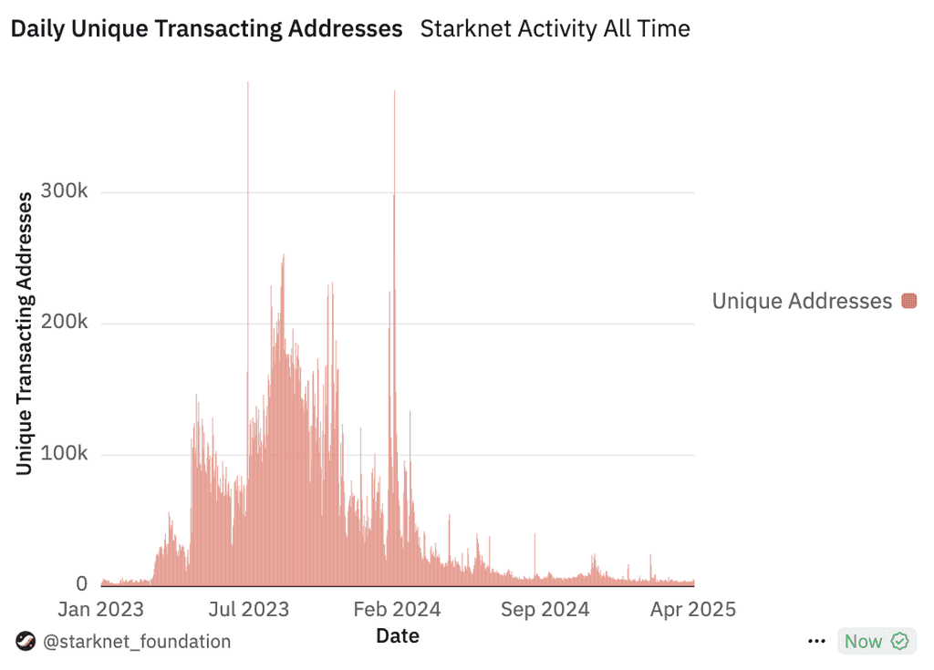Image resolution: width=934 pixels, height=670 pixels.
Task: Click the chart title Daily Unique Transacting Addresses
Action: point(207,28)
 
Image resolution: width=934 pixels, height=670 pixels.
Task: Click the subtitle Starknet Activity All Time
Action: point(555,28)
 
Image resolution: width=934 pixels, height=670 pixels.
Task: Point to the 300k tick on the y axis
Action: point(65,191)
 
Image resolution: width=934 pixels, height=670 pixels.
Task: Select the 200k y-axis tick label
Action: point(65,322)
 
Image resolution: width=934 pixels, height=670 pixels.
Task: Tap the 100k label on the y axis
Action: point(65,453)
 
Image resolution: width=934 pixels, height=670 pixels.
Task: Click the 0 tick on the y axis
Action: point(81,583)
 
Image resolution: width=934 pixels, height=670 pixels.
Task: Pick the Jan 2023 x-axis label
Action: point(100,609)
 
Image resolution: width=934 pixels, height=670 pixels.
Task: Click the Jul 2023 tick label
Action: point(249,609)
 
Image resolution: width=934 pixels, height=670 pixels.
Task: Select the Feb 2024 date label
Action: point(397,609)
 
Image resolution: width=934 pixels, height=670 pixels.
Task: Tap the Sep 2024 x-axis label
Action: point(545,609)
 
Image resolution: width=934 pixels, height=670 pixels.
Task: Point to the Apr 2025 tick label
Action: point(693,609)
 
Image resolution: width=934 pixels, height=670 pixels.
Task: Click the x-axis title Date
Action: point(398,636)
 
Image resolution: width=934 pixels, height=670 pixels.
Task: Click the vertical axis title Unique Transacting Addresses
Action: point(24,334)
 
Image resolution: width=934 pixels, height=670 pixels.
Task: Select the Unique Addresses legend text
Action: point(802,301)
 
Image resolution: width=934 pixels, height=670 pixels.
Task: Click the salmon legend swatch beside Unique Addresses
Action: point(909,301)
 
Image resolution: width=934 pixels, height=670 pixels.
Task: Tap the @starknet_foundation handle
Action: point(137,642)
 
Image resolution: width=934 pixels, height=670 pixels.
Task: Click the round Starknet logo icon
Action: point(26,642)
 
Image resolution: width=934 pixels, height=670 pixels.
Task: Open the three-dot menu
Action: point(816,642)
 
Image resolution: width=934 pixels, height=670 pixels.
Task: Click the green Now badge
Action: point(877,642)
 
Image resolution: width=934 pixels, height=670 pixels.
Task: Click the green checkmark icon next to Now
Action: point(899,642)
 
